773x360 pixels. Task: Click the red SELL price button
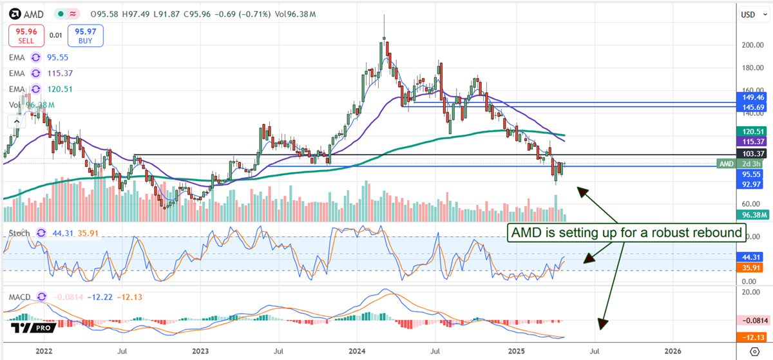click(26, 35)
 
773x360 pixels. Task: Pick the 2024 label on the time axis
click(357, 351)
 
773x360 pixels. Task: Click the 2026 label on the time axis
click(673, 351)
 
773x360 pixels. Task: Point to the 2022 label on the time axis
click(44, 351)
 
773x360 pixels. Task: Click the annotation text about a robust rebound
click(626, 232)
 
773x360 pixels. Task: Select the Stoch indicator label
click(21, 232)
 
